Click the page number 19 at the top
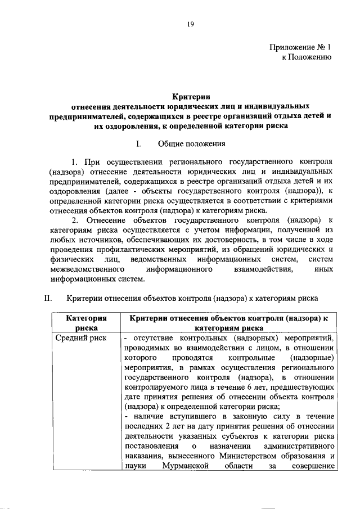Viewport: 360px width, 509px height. pyautogui.click(x=191, y=23)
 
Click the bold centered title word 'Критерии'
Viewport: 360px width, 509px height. pyautogui.click(x=191, y=97)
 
